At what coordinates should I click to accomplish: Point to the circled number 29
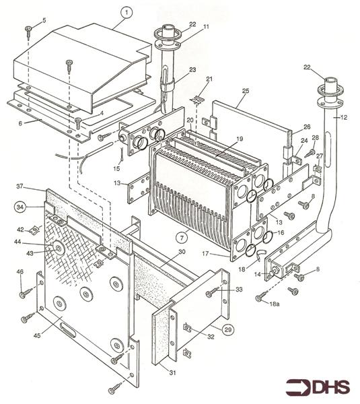(x=228, y=331)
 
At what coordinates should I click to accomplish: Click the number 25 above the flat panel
(x=246, y=90)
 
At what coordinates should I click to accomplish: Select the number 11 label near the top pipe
(x=207, y=26)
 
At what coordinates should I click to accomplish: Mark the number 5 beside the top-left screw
(x=44, y=21)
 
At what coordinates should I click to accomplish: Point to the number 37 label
(x=20, y=187)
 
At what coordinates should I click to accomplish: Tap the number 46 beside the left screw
(x=20, y=271)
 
